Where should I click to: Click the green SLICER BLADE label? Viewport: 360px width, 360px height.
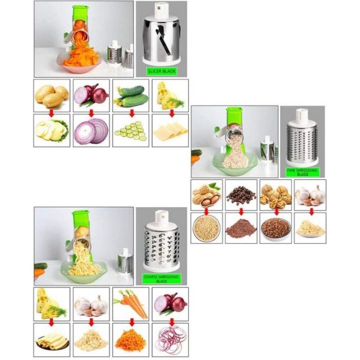pos(161,71)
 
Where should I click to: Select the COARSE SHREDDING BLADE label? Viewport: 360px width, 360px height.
pos(161,278)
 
